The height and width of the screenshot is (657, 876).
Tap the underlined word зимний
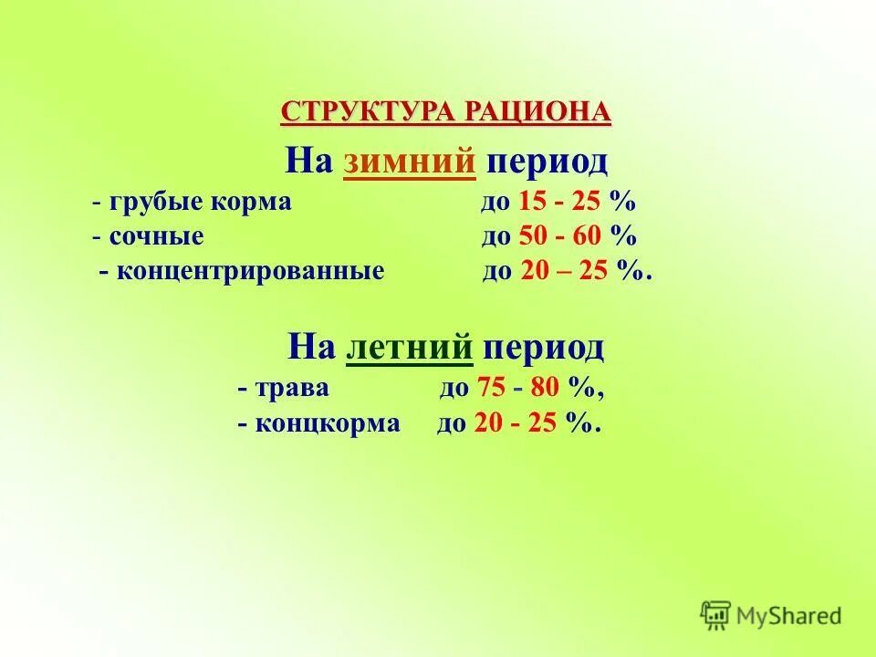(x=410, y=162)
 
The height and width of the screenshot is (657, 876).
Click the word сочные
(x=156, y=237)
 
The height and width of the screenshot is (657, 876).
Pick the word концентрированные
(x=249, y=272)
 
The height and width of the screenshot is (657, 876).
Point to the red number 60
(x=589, y=237)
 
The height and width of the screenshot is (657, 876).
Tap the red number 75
(x=491, y=389)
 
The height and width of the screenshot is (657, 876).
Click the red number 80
(x=544, y=389)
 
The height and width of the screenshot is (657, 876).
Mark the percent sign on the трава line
(x=581, y=389)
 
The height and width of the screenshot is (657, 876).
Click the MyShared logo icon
(x=716, y=616)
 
